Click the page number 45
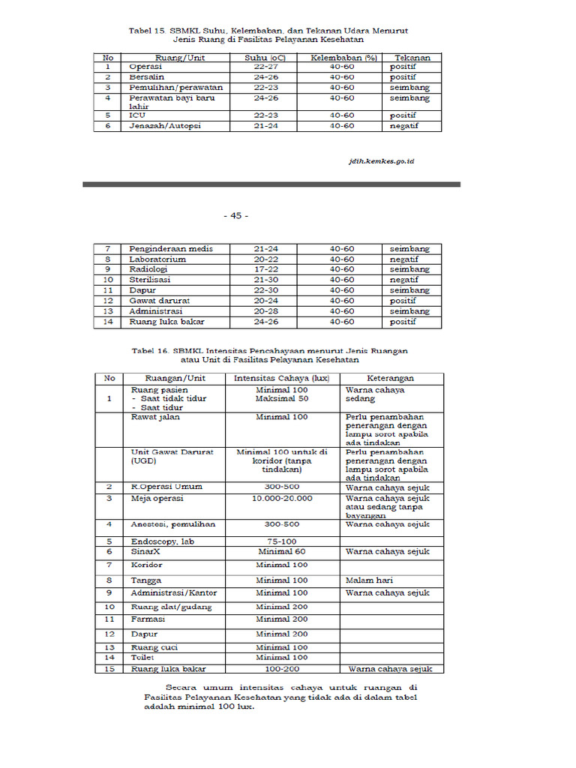(x=235, y=215)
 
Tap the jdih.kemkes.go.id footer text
(x=382, y=160)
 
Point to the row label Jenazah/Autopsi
(x=160, y=125)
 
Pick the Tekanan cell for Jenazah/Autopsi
(x=403, y=125)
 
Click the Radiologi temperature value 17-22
(x=266, y=268)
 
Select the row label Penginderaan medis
(x=170, y=248)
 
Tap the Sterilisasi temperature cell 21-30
(x=266, y=279)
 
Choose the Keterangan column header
(x=390, y=378)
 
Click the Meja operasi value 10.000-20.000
(x=282, y=497)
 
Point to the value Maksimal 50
(x=281, y=398)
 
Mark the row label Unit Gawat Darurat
(x=162, y=452)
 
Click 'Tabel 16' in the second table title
(x=150, y=350)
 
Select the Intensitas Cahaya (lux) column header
(x=281, y=378)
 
